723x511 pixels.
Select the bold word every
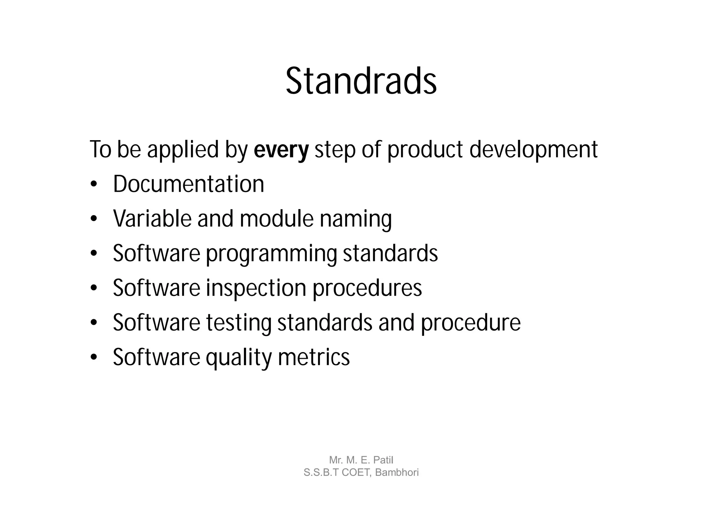pyautogui.click(x=281, y=150)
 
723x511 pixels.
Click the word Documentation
pyautogui.click(x=189, y=184)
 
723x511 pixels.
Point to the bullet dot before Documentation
pyautogui.click(x=94, y=185)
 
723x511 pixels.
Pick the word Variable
pyautogui.click(x=152, y=219)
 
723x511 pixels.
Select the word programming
pyautogui.click(x=271, y=254)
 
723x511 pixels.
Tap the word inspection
pyautogui.click(x=256, y=288)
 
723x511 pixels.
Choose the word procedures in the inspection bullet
pyautogui.click(x=367, y=288)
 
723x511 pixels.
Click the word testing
pyautogui.click(x=239, y=323)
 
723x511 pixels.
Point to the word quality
pyautogui.click(x=239, y=357)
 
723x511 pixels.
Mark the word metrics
pyautogui.click(x=313, y=357)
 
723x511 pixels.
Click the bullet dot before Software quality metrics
pyautogui.click(x=94, y=358)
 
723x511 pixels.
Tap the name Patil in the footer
pyautogui.click(x=383, y=460)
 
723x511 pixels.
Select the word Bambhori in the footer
pyautogui.click(x=397, y=473)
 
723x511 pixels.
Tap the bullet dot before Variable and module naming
pyautogui.click(x=94, y=219)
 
